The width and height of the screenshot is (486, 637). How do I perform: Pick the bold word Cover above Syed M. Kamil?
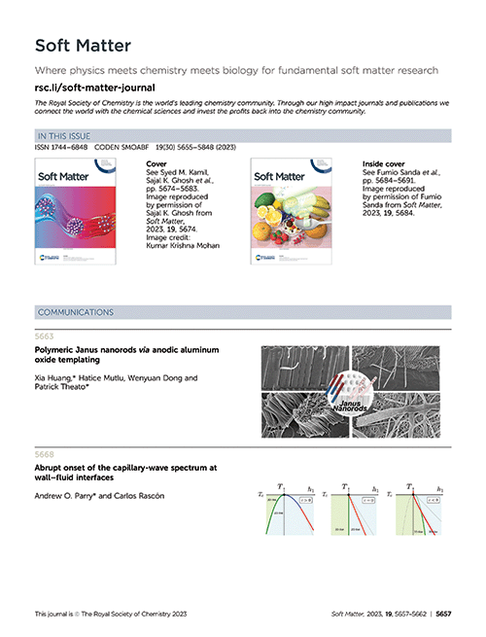pos(156,165)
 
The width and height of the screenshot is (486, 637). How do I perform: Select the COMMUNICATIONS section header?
pos(75,312)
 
